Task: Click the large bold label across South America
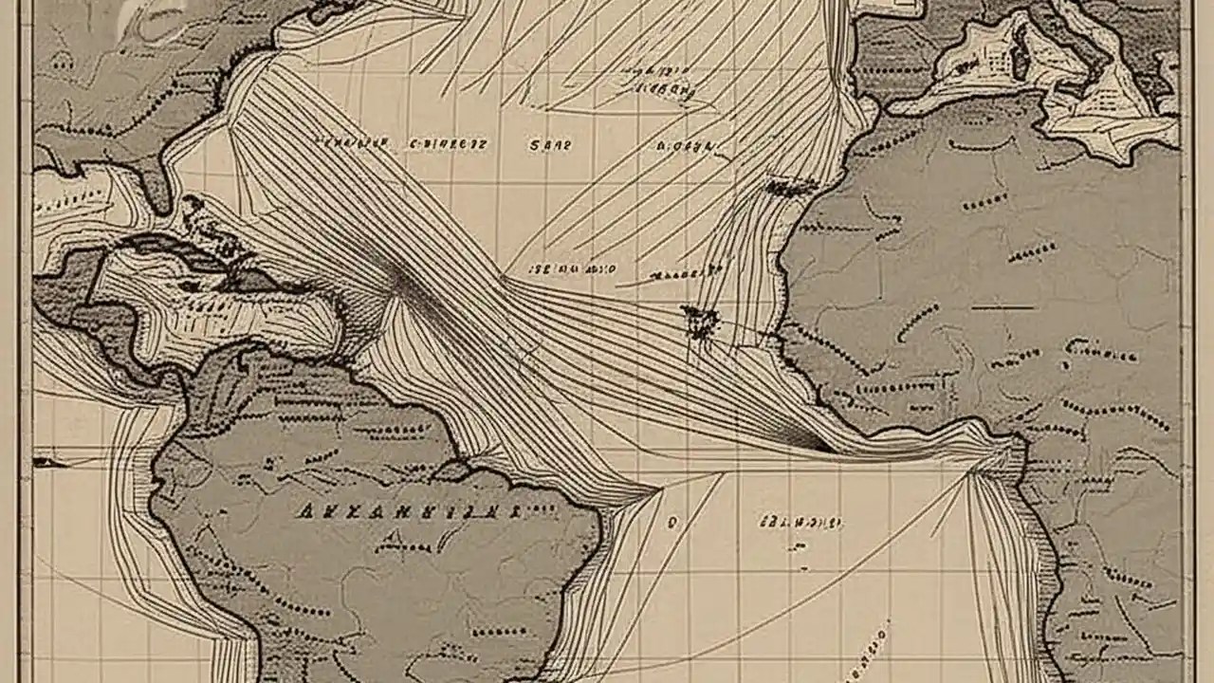pos(408,512)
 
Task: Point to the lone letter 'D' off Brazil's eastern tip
pos(673,521)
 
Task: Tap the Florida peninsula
pos(156,185)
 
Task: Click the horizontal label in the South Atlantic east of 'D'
pos(801,522)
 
